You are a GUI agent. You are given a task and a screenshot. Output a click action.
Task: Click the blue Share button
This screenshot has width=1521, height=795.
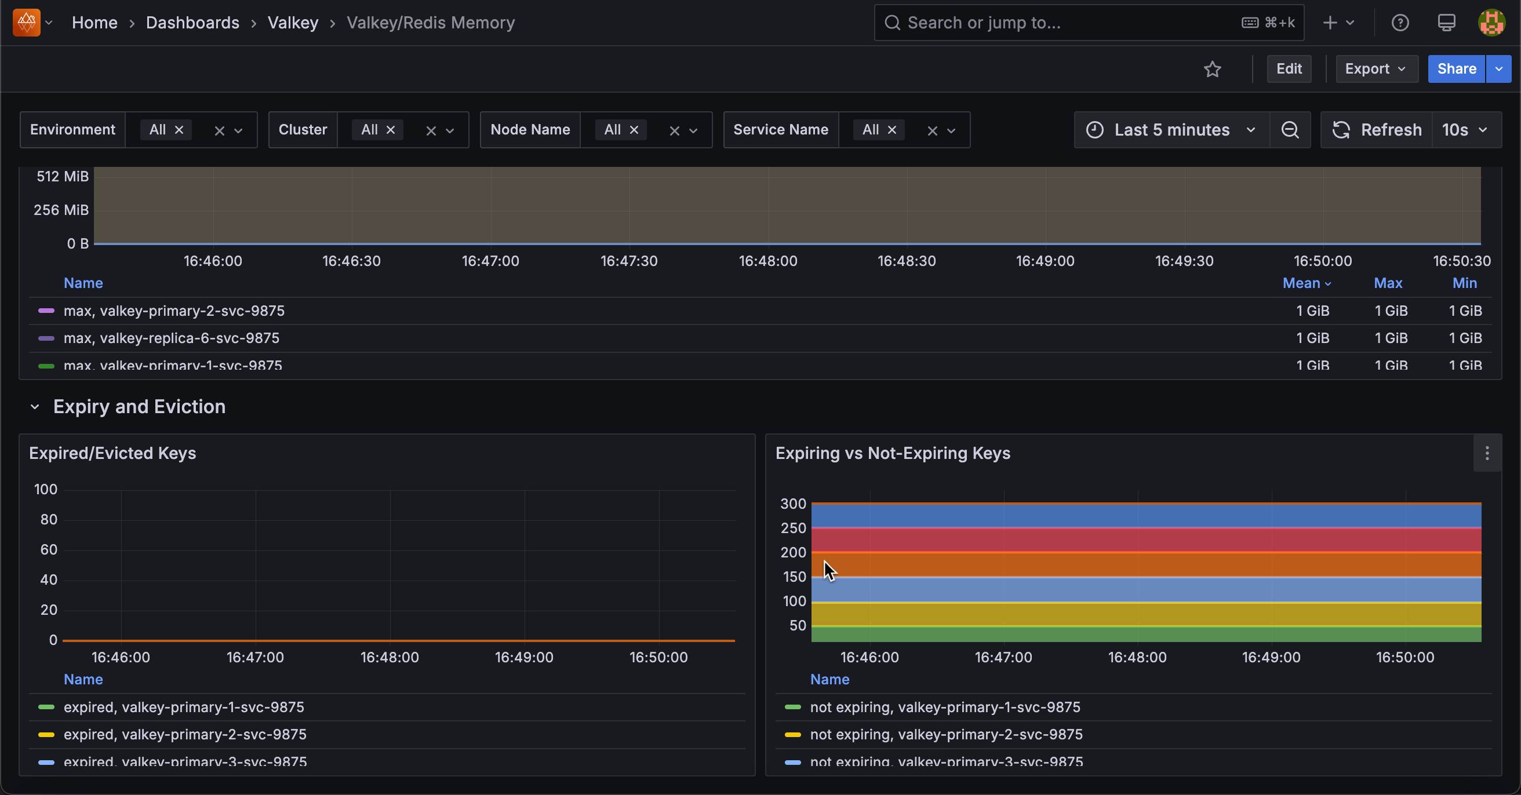coord(1456,69)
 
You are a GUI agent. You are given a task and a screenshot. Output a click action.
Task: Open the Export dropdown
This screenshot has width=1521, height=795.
coord(1376,69)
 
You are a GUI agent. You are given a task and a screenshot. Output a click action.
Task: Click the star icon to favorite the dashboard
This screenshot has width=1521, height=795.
coord(1212,70)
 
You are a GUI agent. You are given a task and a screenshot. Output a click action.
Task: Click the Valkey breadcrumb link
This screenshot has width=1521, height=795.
coord(293,23)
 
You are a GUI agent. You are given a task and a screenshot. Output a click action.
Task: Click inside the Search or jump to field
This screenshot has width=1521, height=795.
coord(1063,23)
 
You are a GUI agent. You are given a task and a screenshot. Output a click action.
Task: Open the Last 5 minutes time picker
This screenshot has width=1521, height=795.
coord(1171,130)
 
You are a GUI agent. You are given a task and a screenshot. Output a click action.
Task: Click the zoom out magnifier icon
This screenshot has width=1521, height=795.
coord(1290,130)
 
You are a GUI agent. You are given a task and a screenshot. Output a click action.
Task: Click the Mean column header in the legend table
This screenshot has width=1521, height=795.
coord(1301,283)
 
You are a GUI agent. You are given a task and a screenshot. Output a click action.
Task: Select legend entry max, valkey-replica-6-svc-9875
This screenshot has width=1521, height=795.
coord(171,338)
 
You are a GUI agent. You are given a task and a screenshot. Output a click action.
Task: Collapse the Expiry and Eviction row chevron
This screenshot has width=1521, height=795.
coord(35,407)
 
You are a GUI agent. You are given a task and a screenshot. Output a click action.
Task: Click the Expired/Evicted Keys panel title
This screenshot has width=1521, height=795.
coord(112,453)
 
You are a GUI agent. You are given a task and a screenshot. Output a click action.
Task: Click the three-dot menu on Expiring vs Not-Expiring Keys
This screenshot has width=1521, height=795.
coord(1487,453)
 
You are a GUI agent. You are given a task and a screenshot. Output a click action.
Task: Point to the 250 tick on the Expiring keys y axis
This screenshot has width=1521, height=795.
coord(793,528)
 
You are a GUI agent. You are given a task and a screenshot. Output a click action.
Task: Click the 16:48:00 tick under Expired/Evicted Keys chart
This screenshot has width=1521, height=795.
coord(390,658)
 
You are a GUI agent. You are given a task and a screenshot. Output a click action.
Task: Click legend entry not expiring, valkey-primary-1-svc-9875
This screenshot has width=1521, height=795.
coord(945,707)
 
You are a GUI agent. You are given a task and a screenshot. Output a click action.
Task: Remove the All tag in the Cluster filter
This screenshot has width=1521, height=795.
coord(390,130)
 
